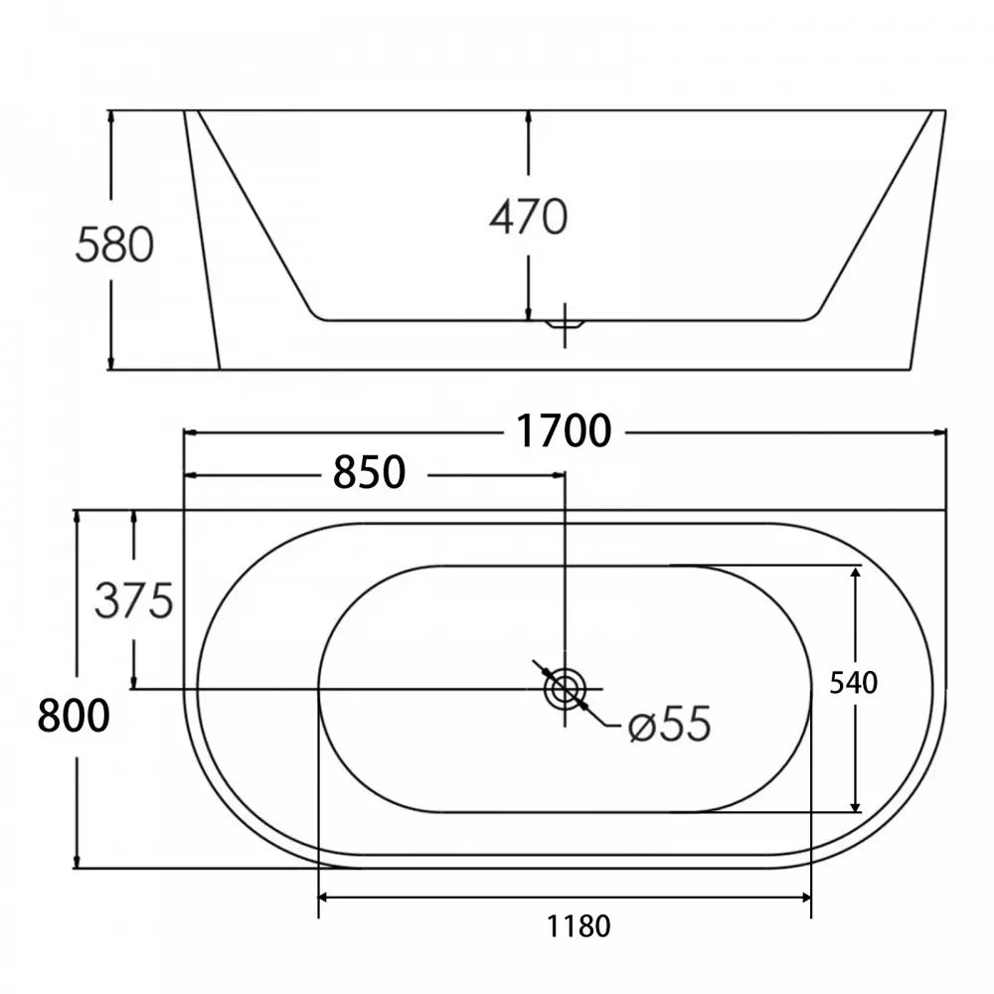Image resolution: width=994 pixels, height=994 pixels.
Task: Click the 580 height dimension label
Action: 114,246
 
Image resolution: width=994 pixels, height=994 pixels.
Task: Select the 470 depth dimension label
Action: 528,217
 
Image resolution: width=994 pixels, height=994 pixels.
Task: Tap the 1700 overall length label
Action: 564,431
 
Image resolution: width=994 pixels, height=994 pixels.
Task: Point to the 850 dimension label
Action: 370,473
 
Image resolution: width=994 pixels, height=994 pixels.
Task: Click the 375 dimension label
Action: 134,600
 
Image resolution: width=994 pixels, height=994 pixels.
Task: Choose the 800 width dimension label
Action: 73,716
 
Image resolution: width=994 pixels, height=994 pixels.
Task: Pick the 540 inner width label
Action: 854,684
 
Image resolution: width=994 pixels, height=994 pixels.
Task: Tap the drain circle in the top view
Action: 565,689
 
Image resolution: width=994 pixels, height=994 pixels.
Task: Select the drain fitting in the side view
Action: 565,324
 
